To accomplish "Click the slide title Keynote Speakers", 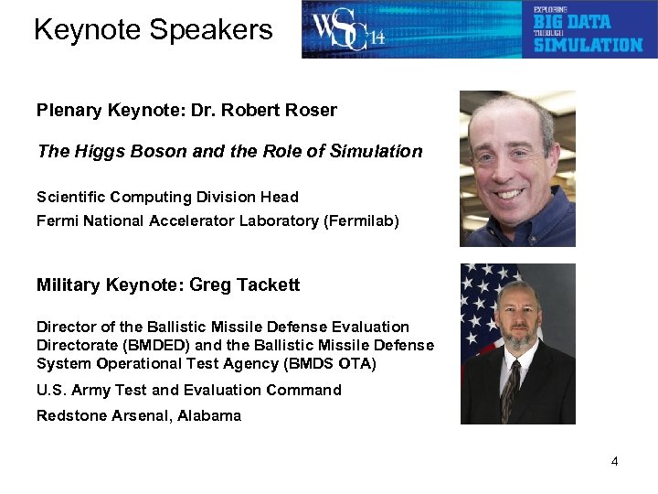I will coord(153,30).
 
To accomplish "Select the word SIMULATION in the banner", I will coord(588,44).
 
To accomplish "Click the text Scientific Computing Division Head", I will coord(167,197).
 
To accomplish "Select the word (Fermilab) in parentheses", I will coord(361,220).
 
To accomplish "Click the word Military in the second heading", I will coord(69,285).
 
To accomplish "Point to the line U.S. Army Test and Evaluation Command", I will coord(188,390).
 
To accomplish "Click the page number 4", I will coord(614,461).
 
